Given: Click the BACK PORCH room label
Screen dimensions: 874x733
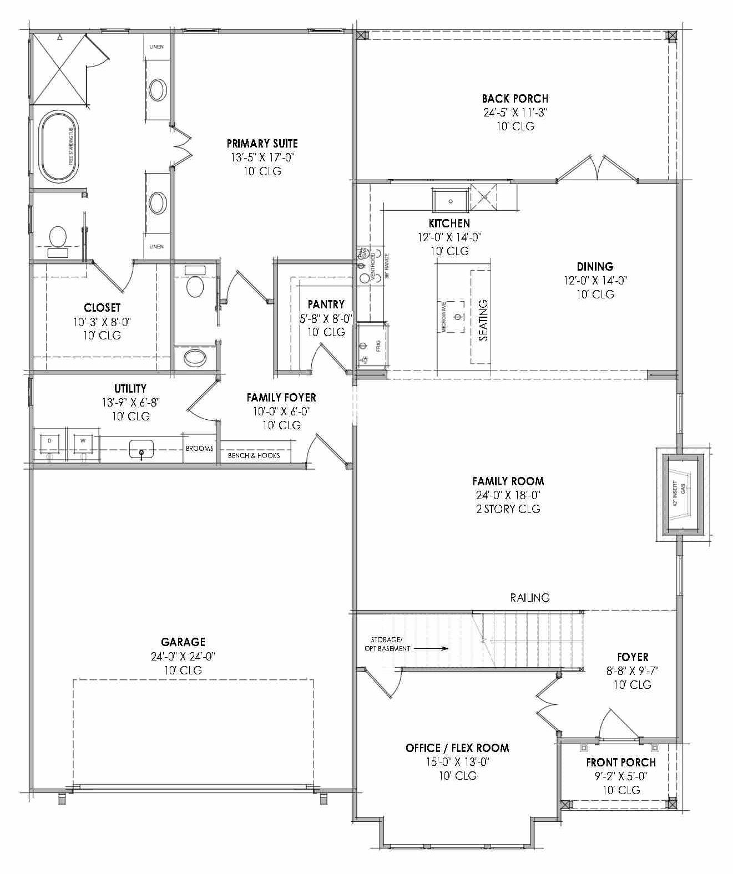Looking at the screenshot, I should [x=514, y=99].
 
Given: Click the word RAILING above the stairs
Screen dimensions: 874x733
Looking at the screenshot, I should [x=530, y=597].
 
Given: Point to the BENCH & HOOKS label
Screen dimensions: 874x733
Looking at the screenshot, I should [x=254, y=456].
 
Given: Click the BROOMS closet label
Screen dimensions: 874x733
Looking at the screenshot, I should [x=199, y=448].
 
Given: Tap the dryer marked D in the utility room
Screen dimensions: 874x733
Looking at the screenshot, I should [x=49, y=444].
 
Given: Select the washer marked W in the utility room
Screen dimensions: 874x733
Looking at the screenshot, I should [x=83, y=444].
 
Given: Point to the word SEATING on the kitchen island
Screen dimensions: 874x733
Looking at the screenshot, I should [x=483, y=320].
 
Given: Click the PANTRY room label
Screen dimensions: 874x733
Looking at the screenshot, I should [x=326, y=304].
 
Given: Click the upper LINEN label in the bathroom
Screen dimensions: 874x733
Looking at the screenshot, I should [x=156, y=47].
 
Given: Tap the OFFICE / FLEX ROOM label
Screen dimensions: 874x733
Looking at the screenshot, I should [x=457, y=748].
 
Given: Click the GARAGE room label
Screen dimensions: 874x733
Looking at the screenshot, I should [x=183, y=642].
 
